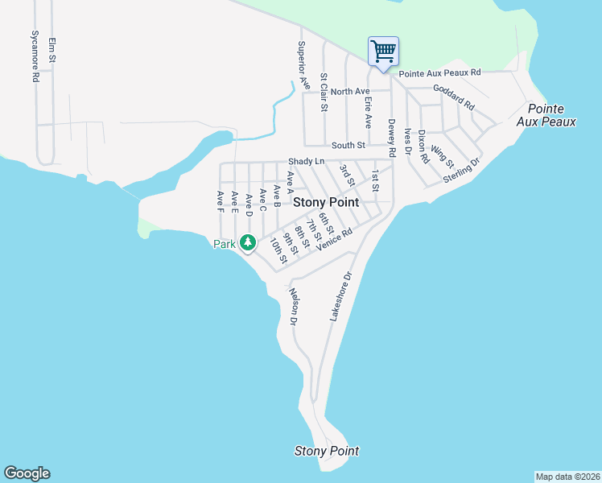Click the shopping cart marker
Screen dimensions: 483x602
384,52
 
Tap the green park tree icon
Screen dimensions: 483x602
248,242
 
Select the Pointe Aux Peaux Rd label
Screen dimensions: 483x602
439,72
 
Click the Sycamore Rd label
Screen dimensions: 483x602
35,57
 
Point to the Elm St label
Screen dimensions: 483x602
52,50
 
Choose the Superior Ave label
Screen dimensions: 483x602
303,64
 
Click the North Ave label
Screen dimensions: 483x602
348,92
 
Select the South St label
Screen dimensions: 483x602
348,146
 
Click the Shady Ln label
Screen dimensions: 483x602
306,162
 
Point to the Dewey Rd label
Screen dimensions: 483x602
392,138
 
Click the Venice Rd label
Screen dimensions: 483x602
335,239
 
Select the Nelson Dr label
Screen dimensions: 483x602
294,307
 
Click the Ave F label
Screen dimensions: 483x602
220,202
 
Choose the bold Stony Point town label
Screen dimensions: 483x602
325,203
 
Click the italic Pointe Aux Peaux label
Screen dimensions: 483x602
551,115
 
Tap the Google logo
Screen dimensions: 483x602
27,473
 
